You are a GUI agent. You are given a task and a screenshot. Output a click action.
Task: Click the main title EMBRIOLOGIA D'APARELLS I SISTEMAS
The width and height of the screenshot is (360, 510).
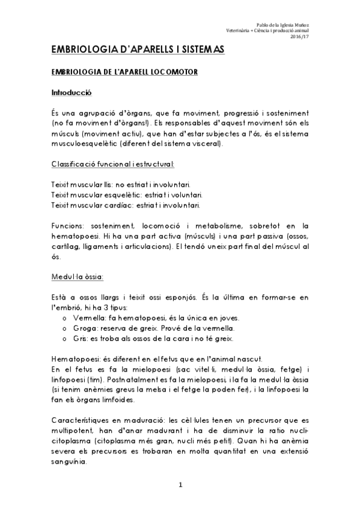coord(138,51)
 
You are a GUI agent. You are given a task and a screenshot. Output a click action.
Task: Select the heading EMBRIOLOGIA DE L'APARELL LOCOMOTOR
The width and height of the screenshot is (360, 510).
coord(124,72)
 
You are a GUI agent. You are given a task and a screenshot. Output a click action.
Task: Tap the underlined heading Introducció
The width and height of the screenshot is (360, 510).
coord(71,94)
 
